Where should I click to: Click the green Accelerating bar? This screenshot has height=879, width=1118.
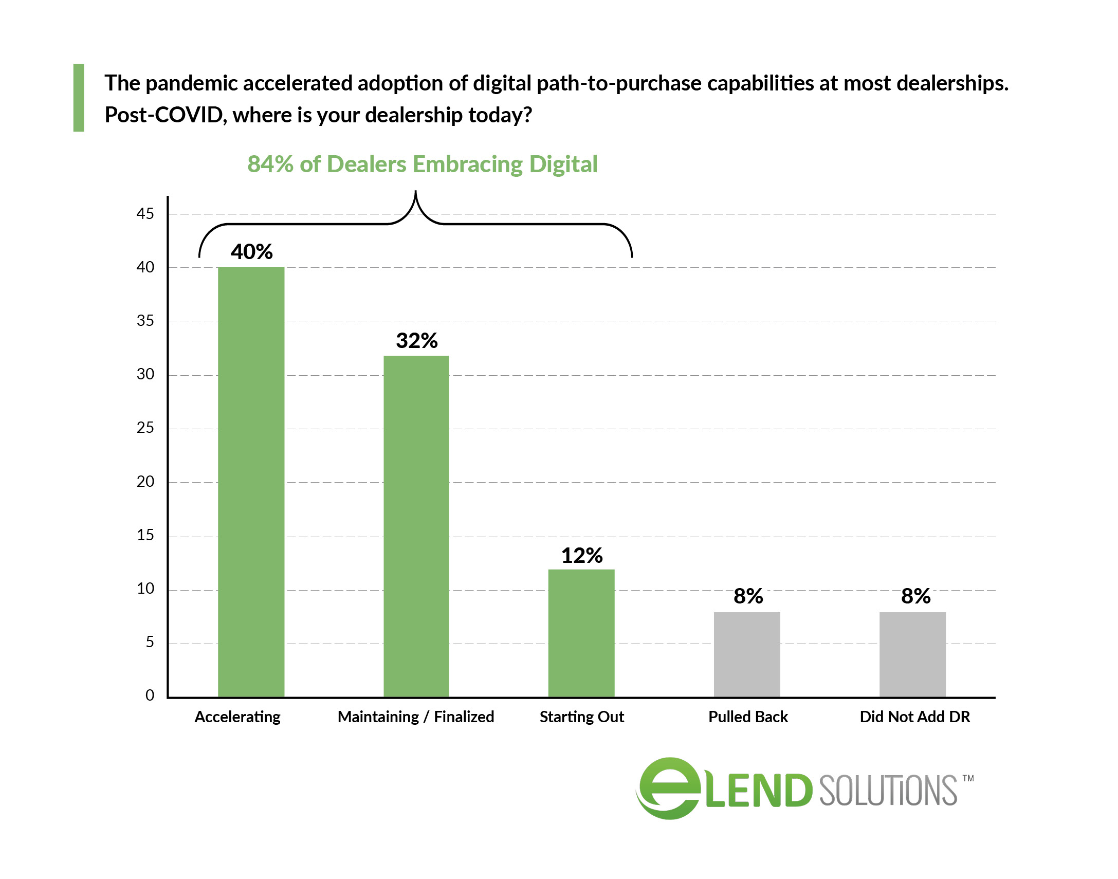click(x=250, y=481)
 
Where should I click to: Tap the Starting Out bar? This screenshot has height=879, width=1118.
click(x=581, y=632)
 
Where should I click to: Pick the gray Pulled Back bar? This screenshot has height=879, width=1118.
click(x=746, y=654)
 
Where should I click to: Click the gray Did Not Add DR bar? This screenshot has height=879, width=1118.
click(x=912, y=654)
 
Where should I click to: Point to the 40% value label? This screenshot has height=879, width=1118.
click(x=251, y=252)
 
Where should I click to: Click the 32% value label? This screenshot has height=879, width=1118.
click(x=417, y=341)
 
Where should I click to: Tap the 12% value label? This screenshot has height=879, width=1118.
click(x=582, y=555)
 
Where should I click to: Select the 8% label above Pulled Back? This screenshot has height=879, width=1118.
click(x=748, y=596)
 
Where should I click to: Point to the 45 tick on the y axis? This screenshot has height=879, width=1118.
click(x=145, y=213)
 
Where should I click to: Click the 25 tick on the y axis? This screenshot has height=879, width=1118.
click(x=145, y=428)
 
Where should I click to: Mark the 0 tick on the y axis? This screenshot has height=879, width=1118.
click(x=150, y=695)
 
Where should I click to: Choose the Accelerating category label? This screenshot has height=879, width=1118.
click(x=237, y=717)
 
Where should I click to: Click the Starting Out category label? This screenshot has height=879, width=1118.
click(x=581, y=717)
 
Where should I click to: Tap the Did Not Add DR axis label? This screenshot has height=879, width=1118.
click(x=915, y=717)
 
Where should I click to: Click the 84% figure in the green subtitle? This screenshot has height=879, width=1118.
click(x=270, y=164)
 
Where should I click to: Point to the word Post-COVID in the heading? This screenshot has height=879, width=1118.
click(x=163, y=115)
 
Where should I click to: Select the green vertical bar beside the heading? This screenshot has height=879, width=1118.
click(x=79, y=98)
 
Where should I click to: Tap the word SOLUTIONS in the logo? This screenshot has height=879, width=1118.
click(x=888, y=791)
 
